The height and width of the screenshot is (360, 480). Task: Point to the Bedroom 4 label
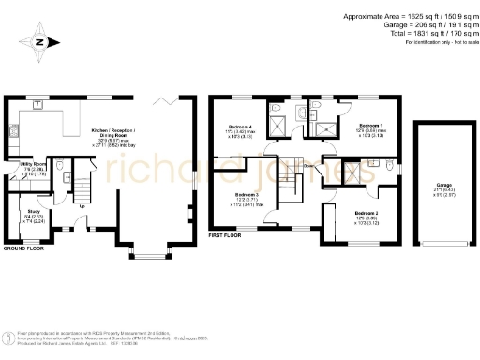[x=242, y=128]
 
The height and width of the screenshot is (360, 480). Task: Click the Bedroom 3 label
[x=244, y=196]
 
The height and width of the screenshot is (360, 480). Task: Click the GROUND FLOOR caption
[x=24, y=248]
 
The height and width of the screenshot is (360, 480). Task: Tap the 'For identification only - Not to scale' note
[x=437, y=43]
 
